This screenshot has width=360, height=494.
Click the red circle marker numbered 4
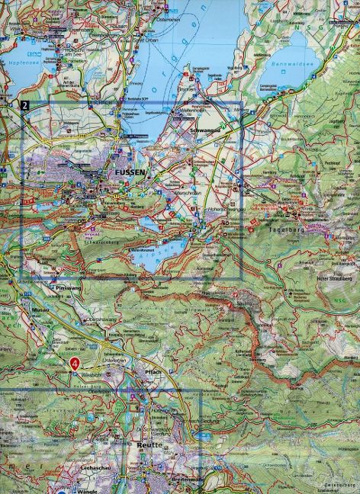coord(75,364)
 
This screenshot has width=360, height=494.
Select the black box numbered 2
coord(27,106)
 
